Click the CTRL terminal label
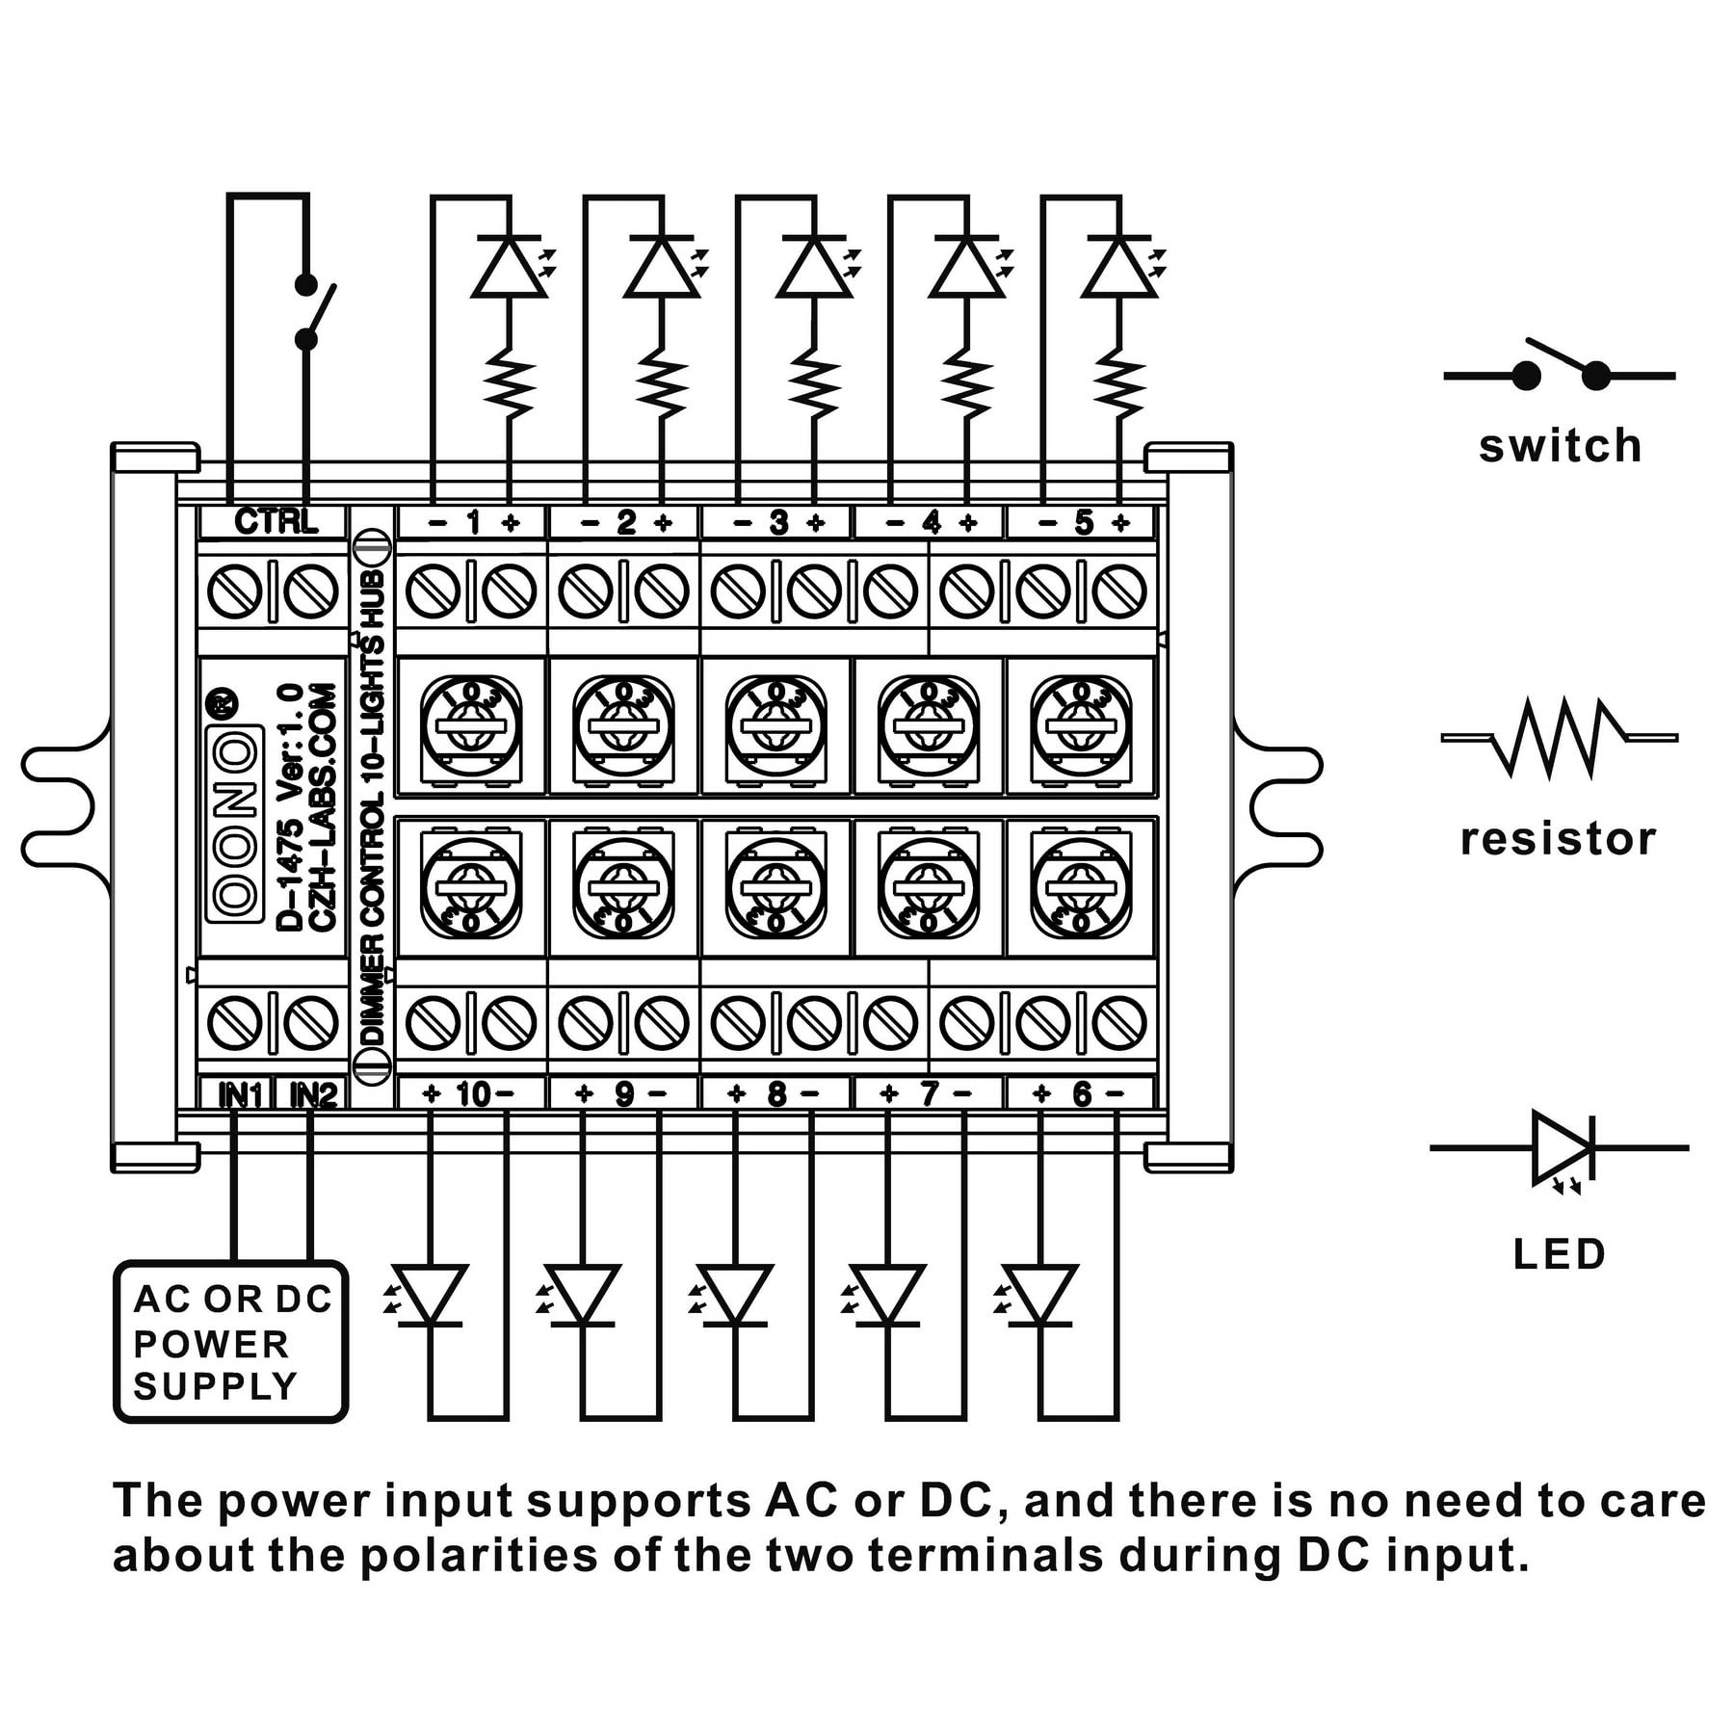coord(276,521)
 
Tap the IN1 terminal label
coord(241,1095)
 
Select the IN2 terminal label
coord(314,1095)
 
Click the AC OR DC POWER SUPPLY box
coord(230,1342)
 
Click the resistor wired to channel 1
coord(508,384)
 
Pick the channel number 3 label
coord(778,522)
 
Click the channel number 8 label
coord(776,1094)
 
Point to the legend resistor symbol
coord(1560,738)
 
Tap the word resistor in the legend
coord(1558,839)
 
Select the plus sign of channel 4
coord(968,522)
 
